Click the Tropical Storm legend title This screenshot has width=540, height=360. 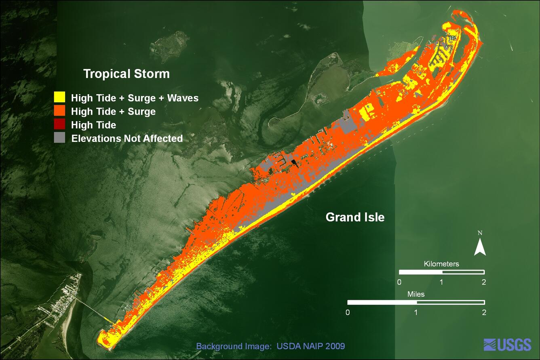click(x=126, y=74)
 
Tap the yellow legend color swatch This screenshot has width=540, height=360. click(x=59, y=97)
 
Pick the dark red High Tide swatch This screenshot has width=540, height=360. click(x=59, y=124)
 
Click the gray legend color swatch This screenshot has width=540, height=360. click(x=59, y=138)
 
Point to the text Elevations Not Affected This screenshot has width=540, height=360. click(x=127, y=139)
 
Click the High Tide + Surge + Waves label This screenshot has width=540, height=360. click(x=135, y=98)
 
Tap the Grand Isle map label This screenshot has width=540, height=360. click(x=355, y=217)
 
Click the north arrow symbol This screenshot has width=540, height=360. click(x=480, y=247)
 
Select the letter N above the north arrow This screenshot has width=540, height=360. click(x=480, y=233)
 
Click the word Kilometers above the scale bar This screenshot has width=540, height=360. click(x=441, y=264)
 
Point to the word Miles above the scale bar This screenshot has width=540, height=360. click(x=416, y=294)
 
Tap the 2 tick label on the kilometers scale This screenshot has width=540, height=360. click(x=484, y=282)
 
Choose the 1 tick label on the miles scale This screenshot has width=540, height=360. click(x=416, y=312)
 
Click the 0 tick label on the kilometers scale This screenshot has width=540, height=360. click(x=399, y=282)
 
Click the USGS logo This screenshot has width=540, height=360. click(x=507, y=345)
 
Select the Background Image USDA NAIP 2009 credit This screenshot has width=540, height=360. click(x=270, y=346)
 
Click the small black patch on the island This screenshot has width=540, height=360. click(x=294, y=163)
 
